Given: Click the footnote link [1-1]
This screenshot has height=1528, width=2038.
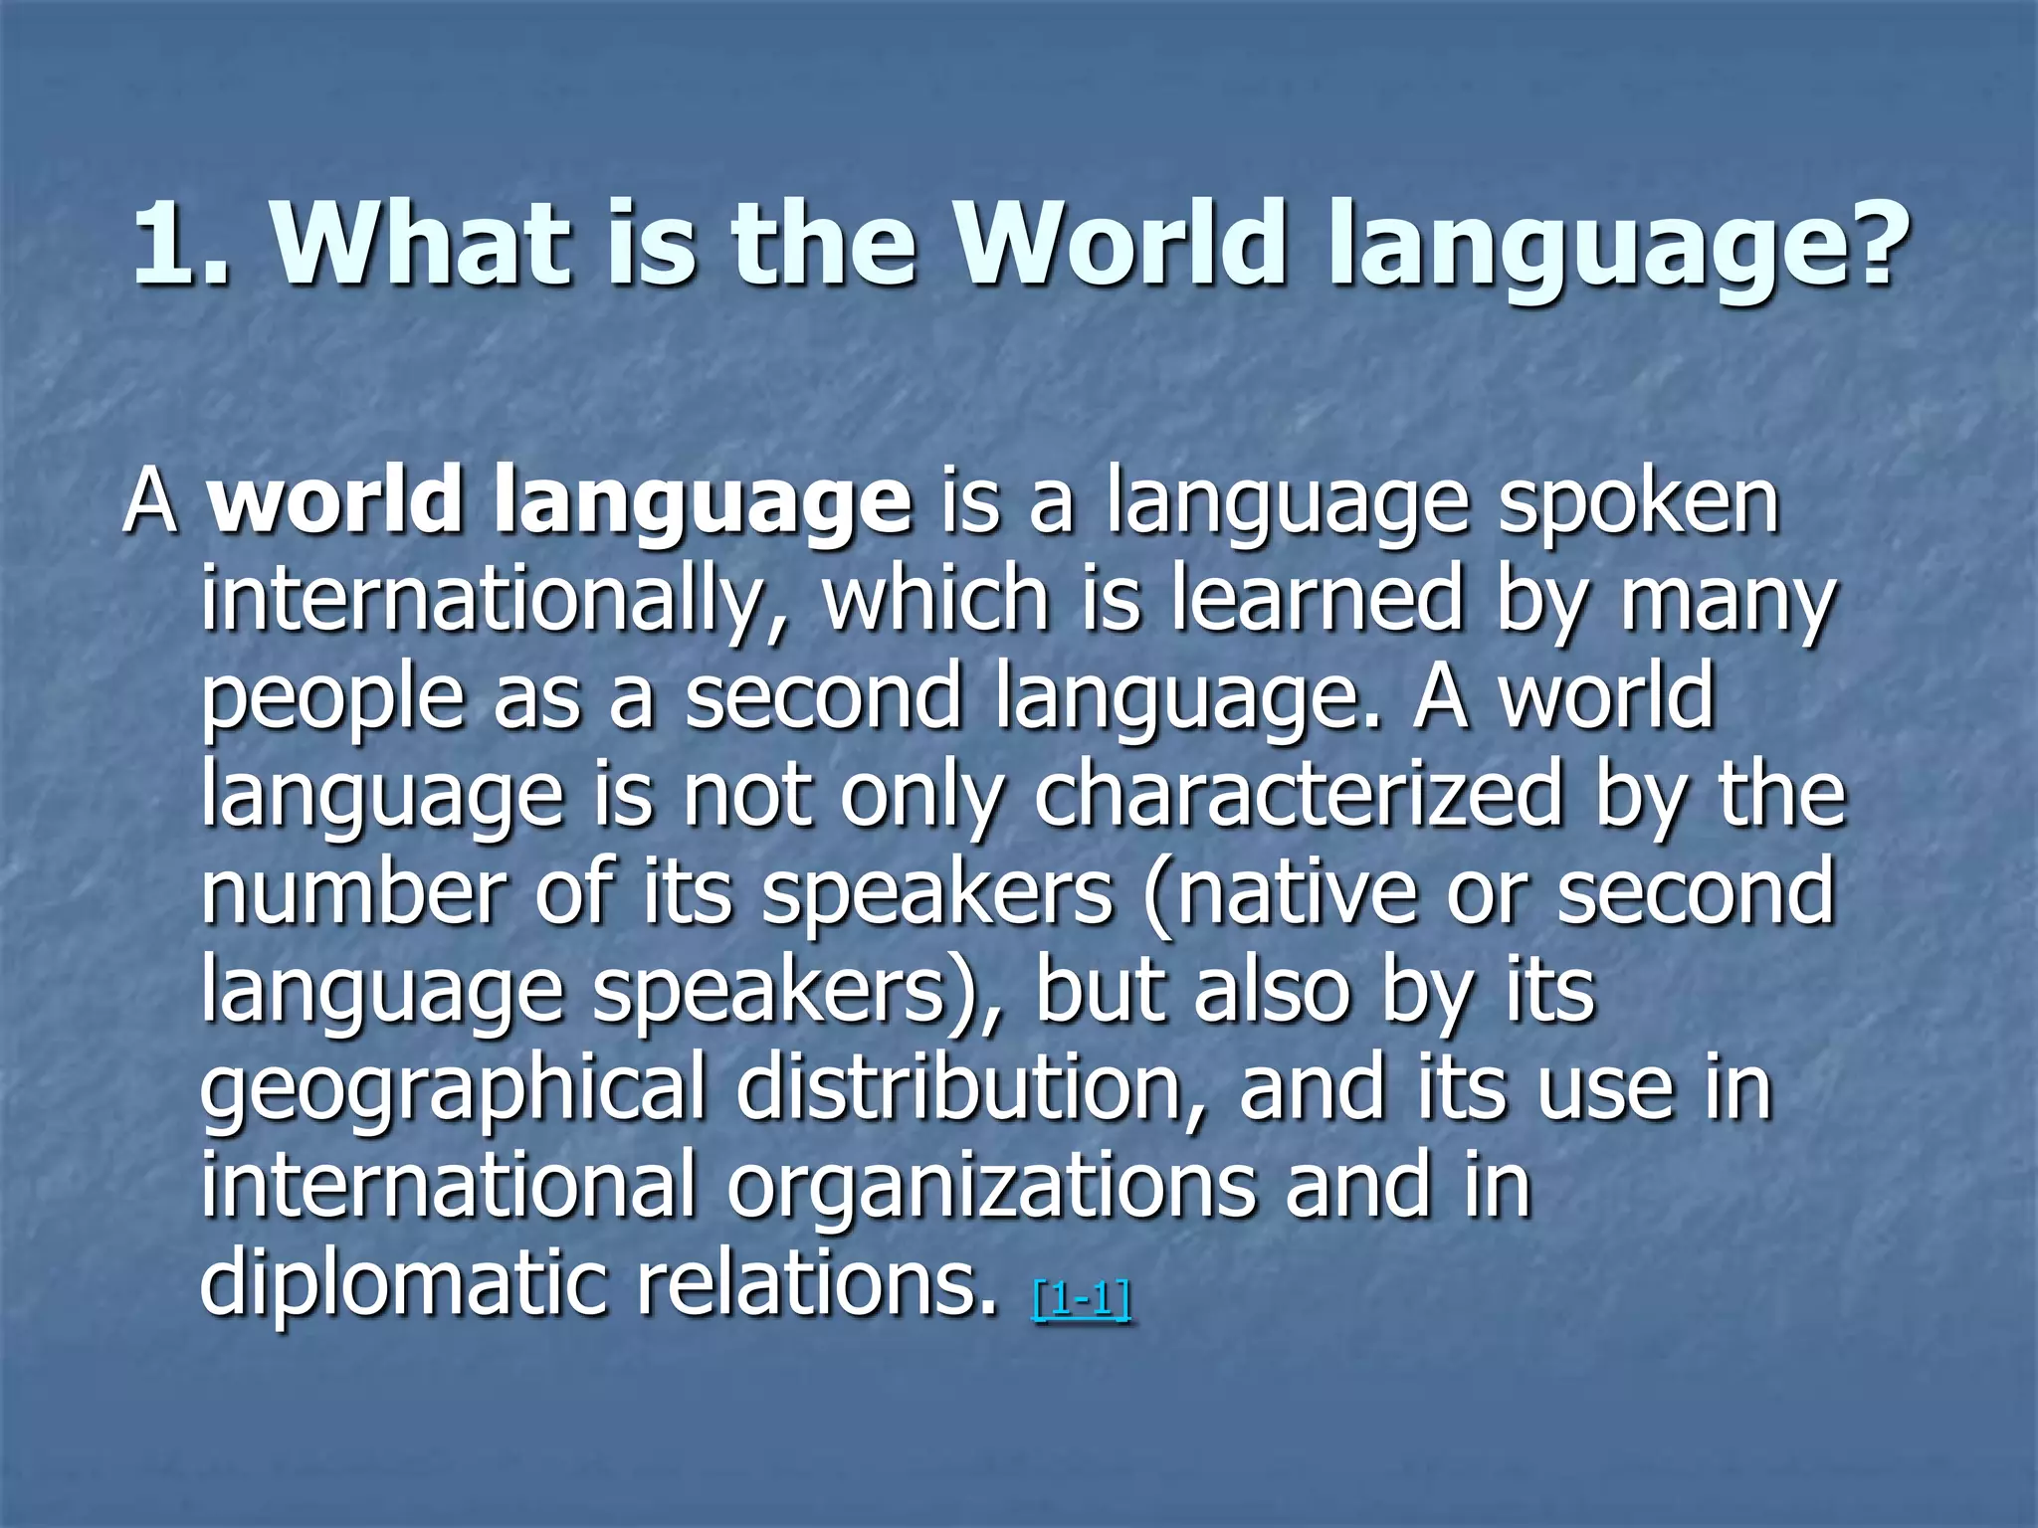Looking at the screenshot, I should tap(1082, 1300).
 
